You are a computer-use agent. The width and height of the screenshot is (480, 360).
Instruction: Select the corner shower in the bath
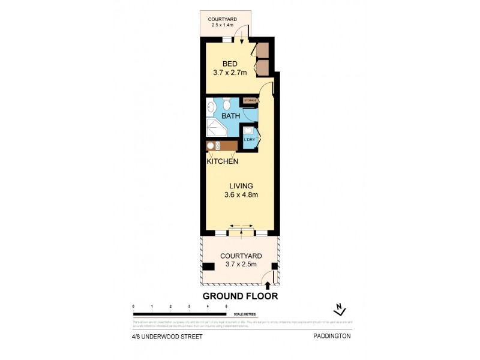[215, 128]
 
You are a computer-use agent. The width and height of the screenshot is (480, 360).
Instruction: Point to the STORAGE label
[250, 100]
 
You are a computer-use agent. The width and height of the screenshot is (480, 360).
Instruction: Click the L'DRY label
[249, 140]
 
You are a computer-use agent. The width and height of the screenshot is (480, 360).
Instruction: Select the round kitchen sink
[211, 146]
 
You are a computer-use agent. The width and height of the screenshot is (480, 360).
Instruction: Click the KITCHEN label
[223, 161]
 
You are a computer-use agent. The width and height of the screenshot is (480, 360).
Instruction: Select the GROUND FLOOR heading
[240, 296]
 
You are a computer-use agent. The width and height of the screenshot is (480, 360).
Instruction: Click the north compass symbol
[340, 310]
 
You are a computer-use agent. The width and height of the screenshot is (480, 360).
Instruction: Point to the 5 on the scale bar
[226, 307]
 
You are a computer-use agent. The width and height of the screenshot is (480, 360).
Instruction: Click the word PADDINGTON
[331, 337]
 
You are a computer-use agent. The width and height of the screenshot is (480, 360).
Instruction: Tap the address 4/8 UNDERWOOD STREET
[167, 337]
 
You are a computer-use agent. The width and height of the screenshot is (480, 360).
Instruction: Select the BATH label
[230, 115]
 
